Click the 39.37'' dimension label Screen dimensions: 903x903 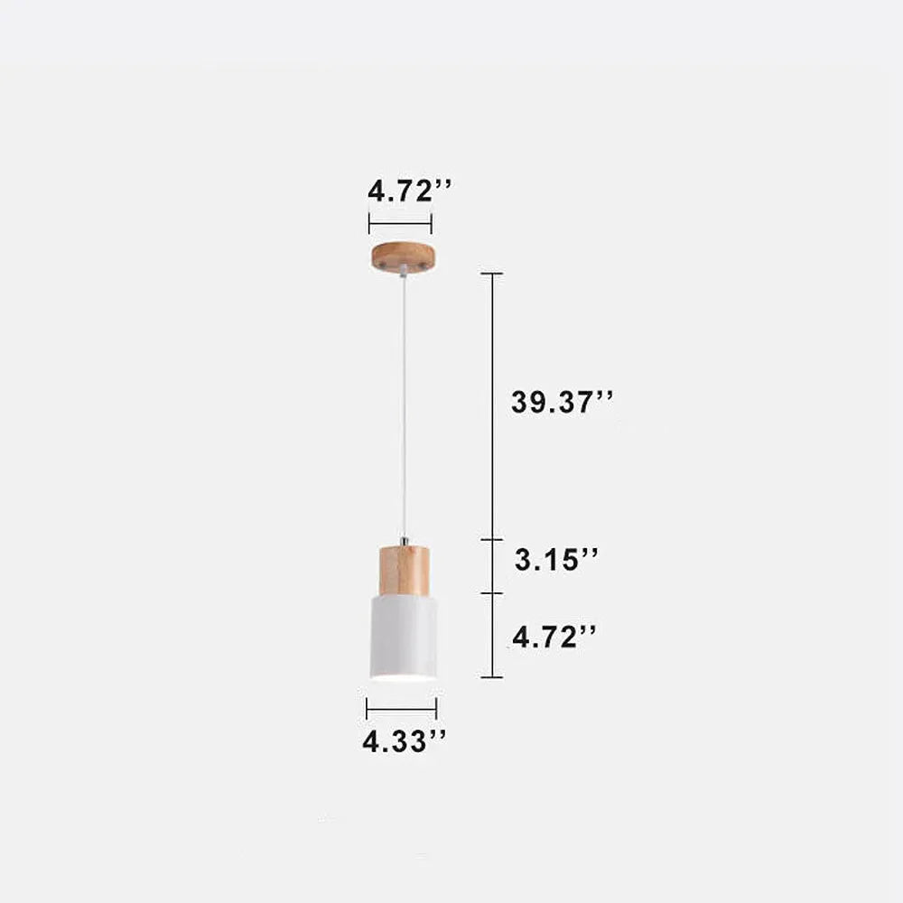[x=562, y=402]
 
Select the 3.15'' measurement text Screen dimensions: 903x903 [x=556, y=559]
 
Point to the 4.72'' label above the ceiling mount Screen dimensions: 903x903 [x=410, y=191]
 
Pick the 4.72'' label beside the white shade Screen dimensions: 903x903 [x=554, y=637]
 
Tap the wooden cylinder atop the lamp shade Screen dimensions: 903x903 [x=404, y=570]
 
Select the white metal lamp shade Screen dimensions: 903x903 [x=403, y=637]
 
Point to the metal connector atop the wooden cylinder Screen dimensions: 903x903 [x=405, y=541]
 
